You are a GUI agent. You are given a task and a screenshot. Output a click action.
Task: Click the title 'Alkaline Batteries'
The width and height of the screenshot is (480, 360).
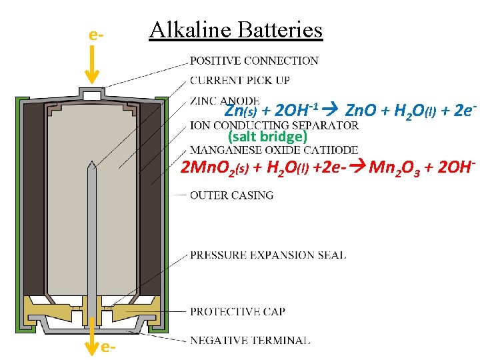click(235, 30)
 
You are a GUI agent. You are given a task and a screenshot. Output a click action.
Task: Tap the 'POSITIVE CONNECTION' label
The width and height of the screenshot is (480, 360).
click(254, 61)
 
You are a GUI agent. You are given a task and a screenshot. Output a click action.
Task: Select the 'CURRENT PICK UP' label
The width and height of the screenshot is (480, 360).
click(240, 81)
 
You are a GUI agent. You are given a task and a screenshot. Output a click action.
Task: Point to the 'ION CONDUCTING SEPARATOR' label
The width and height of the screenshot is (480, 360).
click(274, 125)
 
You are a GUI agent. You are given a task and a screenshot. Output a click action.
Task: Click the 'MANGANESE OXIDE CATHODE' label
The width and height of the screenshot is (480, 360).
click(273, 151)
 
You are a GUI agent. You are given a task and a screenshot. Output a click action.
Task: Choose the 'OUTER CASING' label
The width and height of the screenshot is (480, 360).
click(231, 195)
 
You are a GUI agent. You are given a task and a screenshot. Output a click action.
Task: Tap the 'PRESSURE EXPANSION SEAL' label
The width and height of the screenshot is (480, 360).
click(268, 255)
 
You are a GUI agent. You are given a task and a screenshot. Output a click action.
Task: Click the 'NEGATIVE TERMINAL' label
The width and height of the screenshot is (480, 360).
click(250, 340)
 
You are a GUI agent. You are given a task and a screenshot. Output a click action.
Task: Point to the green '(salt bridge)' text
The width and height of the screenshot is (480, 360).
click(267, 137)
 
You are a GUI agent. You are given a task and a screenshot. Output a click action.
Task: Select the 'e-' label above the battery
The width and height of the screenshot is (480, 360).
click(96, 33)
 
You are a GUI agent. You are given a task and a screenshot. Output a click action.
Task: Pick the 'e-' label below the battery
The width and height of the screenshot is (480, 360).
click(110, 347)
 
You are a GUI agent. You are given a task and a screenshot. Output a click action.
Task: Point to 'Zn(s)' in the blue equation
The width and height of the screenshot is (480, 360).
click(240, 111)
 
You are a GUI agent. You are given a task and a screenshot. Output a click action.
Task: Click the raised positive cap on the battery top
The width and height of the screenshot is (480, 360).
click(93, 92)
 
